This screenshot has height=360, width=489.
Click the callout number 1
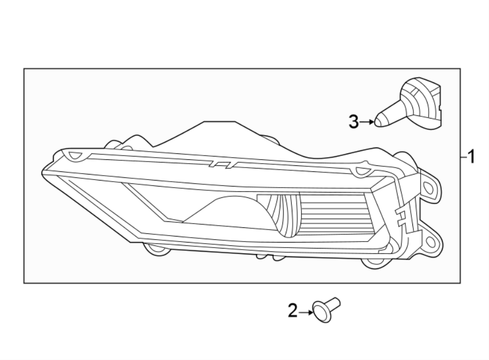[x=471, y=158]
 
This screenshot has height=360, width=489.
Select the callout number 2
[x=293, y=311]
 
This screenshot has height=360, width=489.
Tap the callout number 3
[x=354, y=122]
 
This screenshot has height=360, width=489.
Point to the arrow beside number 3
[x=369, y=122]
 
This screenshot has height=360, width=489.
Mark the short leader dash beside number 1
[x=463, y=158]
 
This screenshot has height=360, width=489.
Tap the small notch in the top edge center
[x=222, y=163]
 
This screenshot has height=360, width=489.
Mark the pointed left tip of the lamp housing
[x=43, y=173]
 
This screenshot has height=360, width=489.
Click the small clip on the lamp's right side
[x=403, y=218]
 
